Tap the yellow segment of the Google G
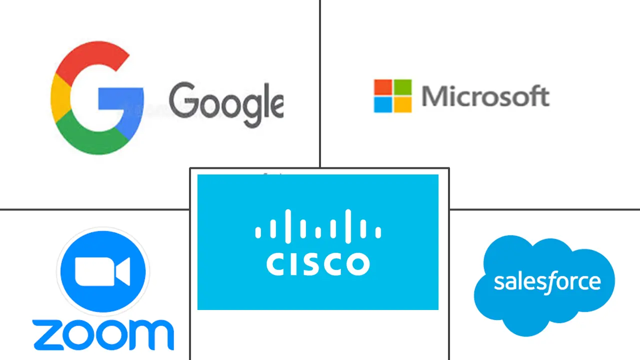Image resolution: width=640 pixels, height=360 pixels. [59, 97]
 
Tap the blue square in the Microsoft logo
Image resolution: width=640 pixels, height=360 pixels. [382, 104]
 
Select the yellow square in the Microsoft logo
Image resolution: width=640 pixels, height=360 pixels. [402, 104]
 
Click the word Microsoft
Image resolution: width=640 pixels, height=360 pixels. [485, 96]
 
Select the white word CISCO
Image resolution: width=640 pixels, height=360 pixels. [318, 263]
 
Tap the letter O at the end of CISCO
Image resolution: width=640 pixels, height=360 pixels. [358, 263]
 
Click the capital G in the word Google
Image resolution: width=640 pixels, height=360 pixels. [182, 100]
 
